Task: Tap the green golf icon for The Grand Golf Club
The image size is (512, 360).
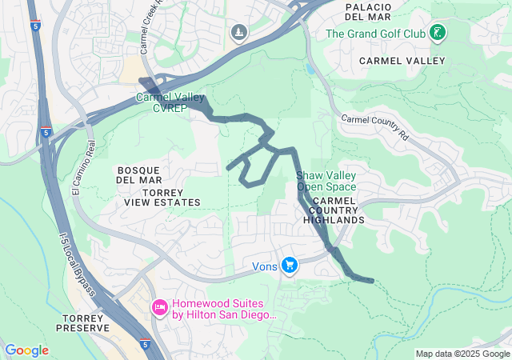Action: click(x=437, y=33)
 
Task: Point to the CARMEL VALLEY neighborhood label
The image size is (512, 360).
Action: click(x=402, y=61)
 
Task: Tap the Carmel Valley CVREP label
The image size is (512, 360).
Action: click(x=169, y=102)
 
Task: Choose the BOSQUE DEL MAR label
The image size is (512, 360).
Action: click(x=139, y=175)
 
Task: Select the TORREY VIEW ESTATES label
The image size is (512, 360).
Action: click(x=162, y=198)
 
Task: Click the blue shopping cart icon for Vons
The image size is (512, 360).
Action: click(x=289, y=265)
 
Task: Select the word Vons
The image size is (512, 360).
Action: click(x=264, y=266)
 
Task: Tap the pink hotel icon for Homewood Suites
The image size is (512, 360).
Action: click(x=159, y=306)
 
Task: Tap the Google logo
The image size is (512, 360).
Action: click(x=26, y=350)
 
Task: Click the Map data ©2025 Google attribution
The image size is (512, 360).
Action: click(x=462, y=354)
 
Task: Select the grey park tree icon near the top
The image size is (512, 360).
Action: click(x=238, y=32)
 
